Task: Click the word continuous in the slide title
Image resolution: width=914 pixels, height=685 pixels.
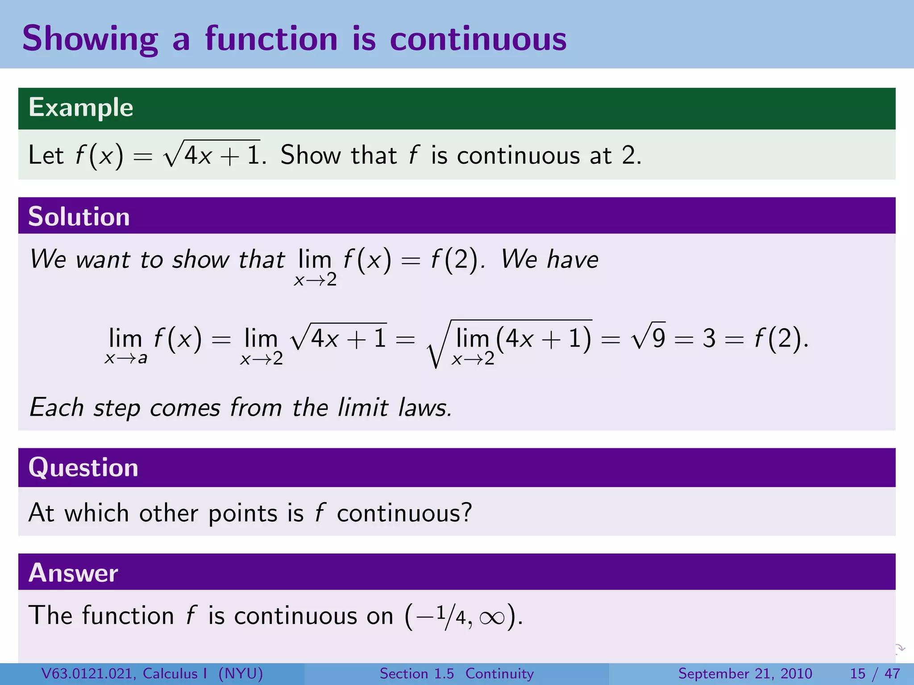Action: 478,39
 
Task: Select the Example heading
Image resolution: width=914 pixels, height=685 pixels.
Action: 81,107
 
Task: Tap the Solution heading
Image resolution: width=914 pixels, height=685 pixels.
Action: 79,217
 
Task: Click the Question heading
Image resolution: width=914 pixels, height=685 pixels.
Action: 83,467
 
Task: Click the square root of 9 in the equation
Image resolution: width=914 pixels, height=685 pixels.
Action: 649,338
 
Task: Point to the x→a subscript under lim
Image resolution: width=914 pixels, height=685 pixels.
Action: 126,359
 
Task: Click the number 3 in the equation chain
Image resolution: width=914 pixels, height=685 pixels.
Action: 709,338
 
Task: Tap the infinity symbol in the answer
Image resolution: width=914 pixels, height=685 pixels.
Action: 492,618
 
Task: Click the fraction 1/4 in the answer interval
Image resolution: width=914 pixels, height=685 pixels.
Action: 451,616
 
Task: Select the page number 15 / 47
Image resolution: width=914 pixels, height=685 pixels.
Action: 875,673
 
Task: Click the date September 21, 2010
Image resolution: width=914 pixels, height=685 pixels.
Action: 745,673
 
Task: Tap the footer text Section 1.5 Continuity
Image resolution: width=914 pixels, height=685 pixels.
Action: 457,673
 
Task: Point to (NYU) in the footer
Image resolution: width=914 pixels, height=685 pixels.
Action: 241,673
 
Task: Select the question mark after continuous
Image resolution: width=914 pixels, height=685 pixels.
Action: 467,513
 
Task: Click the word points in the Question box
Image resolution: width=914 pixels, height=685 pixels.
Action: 243,514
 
